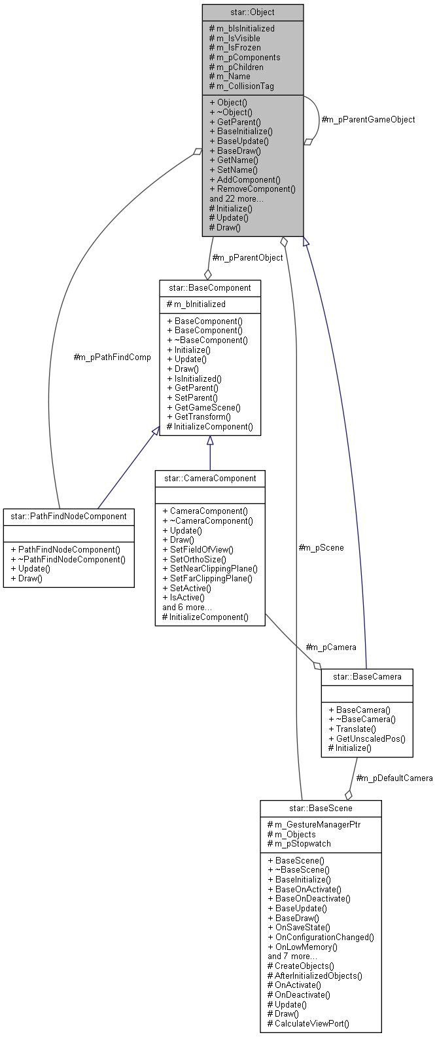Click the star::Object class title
click(x=253, y=12)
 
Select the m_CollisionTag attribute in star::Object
click(x=241, y=86)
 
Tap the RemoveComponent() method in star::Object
click(x=253, y=189)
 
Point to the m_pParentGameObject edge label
click(x=368, y=120)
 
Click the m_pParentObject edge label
click(x=247, y=257)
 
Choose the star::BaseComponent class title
click(x=209, y=287)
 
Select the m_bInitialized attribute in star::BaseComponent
click(x=196, y=304)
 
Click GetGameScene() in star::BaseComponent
click(x=204, y=407)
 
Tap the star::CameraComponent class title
click(x=209, y=478)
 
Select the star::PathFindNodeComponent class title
click(x=69, y=516)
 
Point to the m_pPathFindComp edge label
click(x=112, y=357)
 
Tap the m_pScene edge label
click(x=321, y=547)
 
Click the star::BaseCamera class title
click(x=367, y=676)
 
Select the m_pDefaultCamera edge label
click(x=394, y=778)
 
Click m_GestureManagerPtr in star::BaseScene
click(x=314, y=824)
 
